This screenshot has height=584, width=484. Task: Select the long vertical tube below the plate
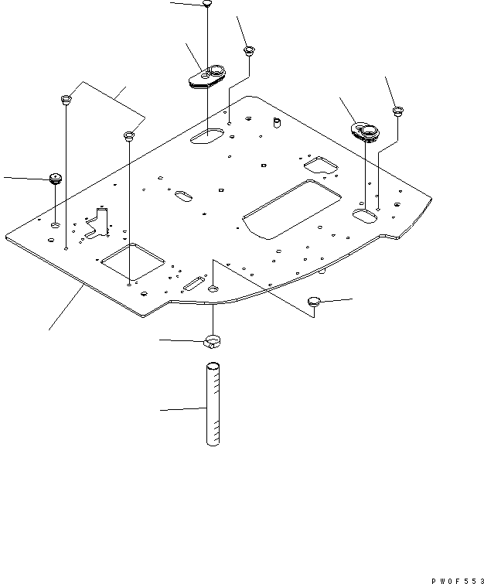point(213,405)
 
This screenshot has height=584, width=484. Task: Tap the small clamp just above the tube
point(213,340)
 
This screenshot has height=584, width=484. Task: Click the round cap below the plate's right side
point(314,301)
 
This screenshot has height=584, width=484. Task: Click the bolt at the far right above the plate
point(397,111)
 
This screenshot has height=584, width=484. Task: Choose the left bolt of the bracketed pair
point(66,100)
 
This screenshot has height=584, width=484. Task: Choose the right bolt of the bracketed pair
point(129,137)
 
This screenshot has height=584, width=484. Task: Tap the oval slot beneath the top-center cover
point(206,137)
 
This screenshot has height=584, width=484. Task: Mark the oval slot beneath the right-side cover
point(363,214)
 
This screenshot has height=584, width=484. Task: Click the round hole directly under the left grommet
point(55,224)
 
